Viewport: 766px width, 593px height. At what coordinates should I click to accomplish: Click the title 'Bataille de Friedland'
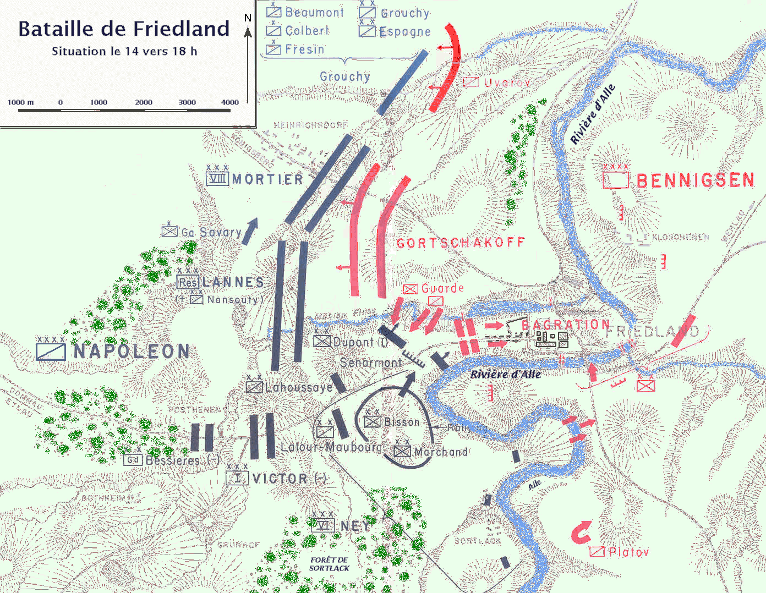[x=124, y=29]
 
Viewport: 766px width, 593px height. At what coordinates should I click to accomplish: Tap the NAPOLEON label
[x=132, y=352]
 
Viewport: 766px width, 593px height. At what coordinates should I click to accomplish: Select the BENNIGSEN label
[x=695, y=180]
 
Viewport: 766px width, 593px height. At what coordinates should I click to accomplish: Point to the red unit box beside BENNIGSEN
[x=616, y=180]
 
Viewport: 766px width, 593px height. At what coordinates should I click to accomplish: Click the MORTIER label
[x=267, y=179]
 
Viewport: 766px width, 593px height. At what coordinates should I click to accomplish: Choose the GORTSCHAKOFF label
[x=461, y=243]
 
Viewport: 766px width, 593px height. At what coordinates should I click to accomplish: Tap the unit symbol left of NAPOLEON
[x=51, y=352]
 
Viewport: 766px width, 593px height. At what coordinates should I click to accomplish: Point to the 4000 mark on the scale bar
[x=230, y=102]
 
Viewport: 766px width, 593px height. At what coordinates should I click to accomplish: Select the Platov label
[x=628, y=552]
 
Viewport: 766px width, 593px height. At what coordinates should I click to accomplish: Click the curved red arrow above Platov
[x=581, y=532]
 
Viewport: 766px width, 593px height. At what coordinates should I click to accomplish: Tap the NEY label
[x=355, y=526]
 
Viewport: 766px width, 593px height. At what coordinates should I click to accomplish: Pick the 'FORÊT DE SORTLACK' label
[x=329, y=564]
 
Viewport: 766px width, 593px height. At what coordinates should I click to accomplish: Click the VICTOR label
[x=280, y=479]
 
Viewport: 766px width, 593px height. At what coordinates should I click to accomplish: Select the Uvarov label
[x=507, y=83]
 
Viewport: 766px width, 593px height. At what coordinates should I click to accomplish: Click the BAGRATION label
[x=566, y=325]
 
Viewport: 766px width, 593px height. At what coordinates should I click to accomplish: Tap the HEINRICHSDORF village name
[x=311, y=125]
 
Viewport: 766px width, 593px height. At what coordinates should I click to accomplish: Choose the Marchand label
[x=441, y=452]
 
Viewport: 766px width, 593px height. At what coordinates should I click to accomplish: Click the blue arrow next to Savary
[x=250, y=230]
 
